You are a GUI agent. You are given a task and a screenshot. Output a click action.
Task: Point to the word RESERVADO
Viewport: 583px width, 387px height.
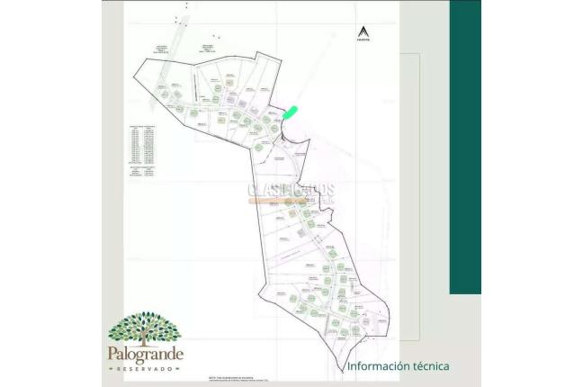coord(146,369)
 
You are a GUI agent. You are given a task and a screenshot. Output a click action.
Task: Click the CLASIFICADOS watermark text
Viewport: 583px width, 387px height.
coord(291,190)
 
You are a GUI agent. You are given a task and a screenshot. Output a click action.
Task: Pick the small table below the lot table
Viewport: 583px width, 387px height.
coord(143,174)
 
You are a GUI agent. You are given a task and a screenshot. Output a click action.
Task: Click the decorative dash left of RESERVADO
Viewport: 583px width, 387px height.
coord(112,369)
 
